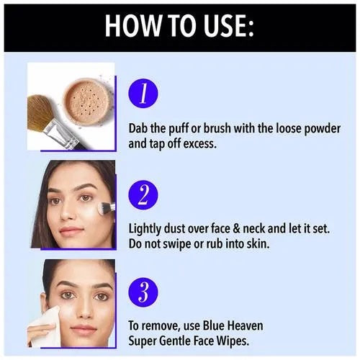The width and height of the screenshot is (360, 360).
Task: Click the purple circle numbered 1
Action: [x=143, y=94]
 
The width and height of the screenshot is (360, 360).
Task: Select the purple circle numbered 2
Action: [x=143, y=195]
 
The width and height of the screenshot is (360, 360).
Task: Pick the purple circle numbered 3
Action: [x=143, y=292]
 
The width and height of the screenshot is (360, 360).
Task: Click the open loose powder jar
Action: [x=86, y=101]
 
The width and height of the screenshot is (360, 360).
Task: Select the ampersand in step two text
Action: [x=236, y=228]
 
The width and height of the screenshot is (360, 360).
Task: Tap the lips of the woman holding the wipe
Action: [x=84, y=329]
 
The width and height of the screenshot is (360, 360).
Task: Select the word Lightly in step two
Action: [x=145, y=229]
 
